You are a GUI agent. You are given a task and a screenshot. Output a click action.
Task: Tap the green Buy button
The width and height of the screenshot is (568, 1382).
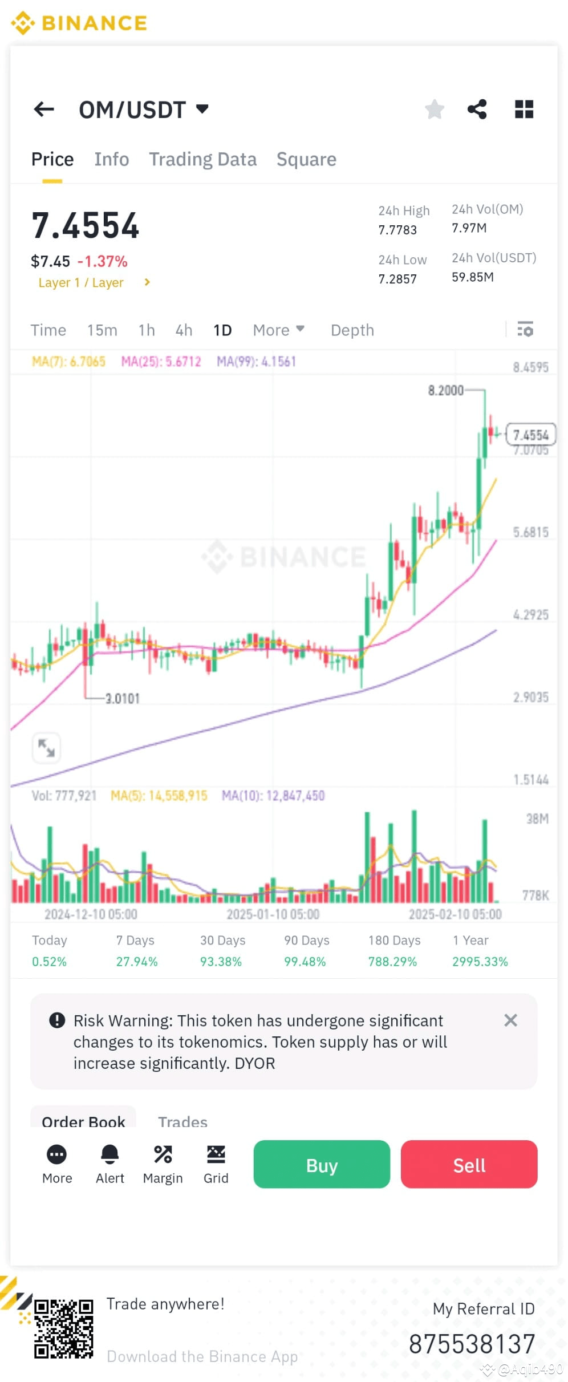322,1165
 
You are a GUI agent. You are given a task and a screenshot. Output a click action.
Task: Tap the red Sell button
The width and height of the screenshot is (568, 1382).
469,1165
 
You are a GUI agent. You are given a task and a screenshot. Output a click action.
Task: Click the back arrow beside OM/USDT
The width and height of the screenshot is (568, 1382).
44,109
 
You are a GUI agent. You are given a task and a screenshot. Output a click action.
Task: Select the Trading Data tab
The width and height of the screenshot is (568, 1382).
202,159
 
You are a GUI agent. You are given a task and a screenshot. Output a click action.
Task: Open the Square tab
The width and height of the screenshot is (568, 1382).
306,159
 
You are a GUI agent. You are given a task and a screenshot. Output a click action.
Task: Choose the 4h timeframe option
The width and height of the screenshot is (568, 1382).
184,330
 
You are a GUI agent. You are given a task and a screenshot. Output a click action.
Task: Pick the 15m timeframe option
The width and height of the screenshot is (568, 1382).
102,330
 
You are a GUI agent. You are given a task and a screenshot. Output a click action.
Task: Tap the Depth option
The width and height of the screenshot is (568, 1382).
352,330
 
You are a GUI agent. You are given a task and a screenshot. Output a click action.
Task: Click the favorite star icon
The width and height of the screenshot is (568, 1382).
435,109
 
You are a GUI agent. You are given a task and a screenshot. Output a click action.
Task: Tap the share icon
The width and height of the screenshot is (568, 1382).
477,109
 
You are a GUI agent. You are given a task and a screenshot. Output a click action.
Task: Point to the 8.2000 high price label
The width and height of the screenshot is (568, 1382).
445,391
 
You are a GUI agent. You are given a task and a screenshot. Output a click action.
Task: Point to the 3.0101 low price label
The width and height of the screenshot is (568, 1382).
122,699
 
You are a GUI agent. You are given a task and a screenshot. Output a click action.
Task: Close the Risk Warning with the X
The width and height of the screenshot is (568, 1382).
510,1020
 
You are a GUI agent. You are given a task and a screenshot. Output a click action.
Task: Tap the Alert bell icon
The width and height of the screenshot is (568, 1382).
109,1155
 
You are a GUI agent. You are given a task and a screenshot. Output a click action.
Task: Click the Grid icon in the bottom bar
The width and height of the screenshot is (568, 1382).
216,1155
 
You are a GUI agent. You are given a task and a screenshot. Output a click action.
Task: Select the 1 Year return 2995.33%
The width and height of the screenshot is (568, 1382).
480,962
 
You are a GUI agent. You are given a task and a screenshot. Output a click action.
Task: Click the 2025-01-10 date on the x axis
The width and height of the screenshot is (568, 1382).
273,914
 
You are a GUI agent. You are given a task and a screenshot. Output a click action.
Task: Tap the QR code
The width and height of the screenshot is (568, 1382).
63,1329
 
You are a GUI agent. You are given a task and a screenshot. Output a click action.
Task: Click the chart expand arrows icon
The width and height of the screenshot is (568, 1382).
46,747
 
